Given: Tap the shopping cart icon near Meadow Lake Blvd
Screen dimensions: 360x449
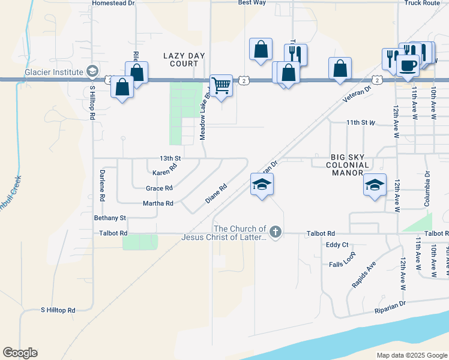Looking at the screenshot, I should click(x=221, y=86).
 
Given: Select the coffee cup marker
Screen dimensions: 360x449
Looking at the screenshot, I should click(x=408, y=65).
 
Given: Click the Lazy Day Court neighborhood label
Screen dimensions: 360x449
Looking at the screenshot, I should click(x=184, y=59).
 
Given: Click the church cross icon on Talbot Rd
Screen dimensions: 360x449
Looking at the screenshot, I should click(x=275, y=232).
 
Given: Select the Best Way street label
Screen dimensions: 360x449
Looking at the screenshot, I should click(x=252, y=3).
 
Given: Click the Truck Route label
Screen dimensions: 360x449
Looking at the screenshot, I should click(x=422, y=3).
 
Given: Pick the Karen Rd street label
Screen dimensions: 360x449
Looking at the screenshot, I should click(x=165, y=170).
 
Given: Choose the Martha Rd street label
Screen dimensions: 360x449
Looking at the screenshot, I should click(x=158, y=203).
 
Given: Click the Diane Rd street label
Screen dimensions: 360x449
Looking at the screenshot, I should click(x=216, y=193).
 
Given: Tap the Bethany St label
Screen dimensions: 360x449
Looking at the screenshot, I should click(x=110, y=218).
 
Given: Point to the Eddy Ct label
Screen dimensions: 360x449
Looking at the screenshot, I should click(x=337, y=245).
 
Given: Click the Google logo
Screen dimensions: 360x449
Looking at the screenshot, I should click(x=20, y=353).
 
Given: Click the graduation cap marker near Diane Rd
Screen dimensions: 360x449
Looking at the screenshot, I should click(x=262, y=185).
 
